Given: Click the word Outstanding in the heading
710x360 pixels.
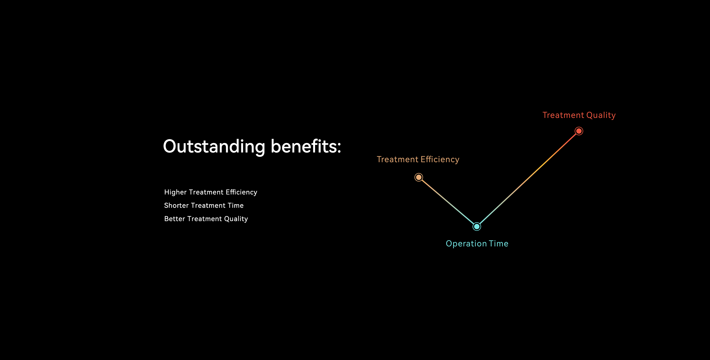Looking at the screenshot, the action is click(214, 146).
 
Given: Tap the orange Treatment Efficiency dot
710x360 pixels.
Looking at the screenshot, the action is click(419, 177).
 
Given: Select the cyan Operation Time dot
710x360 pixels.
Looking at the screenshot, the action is click(477, 227).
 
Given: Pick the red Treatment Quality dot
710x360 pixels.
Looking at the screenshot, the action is click(579, 131).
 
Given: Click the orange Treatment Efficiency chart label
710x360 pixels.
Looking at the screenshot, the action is click(418, 160).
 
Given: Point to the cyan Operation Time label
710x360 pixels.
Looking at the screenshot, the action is click(477, 244).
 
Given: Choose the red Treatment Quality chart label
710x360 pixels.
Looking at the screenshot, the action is click(579, 115).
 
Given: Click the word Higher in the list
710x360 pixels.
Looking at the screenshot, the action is click(175, 192).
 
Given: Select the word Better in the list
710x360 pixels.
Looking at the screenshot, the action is click(175, 219).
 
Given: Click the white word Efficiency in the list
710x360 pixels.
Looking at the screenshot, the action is click(241, 192).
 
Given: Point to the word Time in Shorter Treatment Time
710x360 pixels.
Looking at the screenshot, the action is click(236, 205).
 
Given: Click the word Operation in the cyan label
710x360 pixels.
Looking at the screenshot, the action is click(466, 244).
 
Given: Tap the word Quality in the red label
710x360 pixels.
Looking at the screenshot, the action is click(601, 115).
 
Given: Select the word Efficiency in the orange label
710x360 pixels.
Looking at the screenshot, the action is click(440, 160).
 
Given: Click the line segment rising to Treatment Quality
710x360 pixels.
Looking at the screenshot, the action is click(528, 179).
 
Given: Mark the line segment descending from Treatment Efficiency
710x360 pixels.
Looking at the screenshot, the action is click(448, 202).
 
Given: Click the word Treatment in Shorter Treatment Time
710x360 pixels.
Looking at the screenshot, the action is click(208, 205).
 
